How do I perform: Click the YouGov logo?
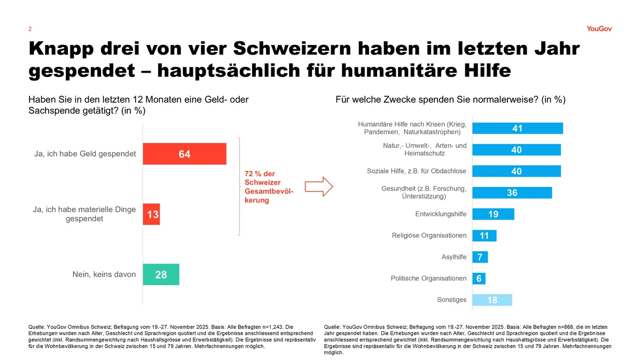pyautogui.click(x=598, y=29)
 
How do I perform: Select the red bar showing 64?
pyautogui.click(x=185, y=154)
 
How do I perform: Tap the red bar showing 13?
pyautogui.click(x=152, y=214)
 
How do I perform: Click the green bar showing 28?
pyautogui.click(x=161, y=275)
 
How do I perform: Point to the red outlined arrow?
pyautogui.click(x=318, y=186)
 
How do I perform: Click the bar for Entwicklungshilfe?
pyautogui.click(x=493, y=214)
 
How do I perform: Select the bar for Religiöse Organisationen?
pyautogui.click(x=484, y=236)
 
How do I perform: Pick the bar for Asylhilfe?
pyautogui.click(x=480, y=257)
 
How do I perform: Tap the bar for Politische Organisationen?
pyautogui.click(x=479, y=278)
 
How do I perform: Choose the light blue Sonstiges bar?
pyautogui.click(x=492, y=300)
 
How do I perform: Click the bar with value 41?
pyautogui.click(x=518, y=128)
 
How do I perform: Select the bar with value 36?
pyautogui.click(x=512, y=192)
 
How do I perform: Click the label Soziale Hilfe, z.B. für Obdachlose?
pyautogui.click(x=417, y=171)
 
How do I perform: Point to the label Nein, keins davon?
pyautogui.click(x=104, y=275)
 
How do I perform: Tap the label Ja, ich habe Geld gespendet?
pyautogui.click(x=84, y=154)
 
